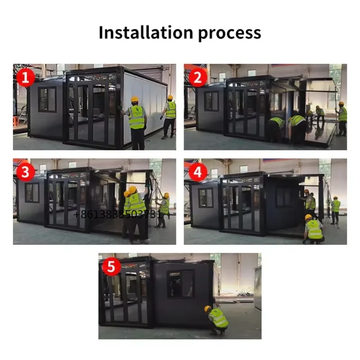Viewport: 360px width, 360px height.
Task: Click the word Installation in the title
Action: [x=146, y=32]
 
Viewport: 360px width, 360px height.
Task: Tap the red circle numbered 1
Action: [x=26, y=77]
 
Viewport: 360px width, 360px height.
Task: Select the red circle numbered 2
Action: [x=198, y=77]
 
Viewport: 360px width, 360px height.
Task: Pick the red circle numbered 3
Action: [x=26, y=172]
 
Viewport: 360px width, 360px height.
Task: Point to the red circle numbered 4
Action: [x=198, y=172]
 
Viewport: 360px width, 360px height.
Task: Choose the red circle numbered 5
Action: [x=111, y=266]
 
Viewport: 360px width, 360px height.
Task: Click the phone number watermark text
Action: [x=118, y=215]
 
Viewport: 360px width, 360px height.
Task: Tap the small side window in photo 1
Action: [x=47, y=99]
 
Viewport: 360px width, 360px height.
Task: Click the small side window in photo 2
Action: [x=211, y=101]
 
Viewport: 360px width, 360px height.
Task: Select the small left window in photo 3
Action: [x=32, y=193]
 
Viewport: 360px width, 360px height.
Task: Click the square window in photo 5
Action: [x=181, y=284]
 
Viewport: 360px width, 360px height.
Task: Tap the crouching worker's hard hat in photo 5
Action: [x=207, y=309]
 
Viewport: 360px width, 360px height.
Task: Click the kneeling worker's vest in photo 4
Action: [x=314, y=229]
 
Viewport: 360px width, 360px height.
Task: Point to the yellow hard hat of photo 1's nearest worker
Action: [x=135, y=99]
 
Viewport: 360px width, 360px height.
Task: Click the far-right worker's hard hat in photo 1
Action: [x=170, y=97]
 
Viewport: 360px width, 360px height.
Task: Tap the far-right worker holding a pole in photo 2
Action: [x=342, y=118]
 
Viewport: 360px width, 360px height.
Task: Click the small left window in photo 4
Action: [x=206, y=198]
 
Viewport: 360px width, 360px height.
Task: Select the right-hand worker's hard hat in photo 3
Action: [x=166, y=195]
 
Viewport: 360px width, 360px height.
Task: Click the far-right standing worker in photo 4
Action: [x=335, y=210]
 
